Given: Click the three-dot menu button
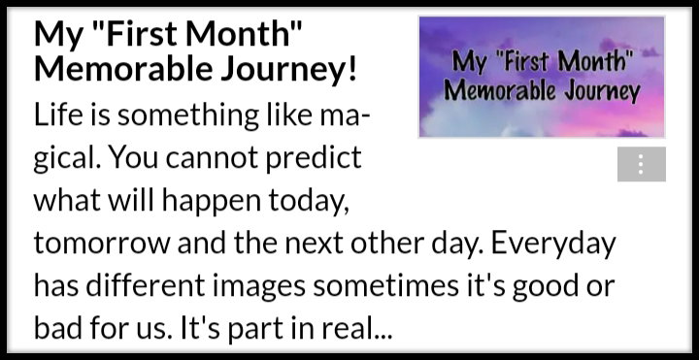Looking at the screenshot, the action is click(642, 164).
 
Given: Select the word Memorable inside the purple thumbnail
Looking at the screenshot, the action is click(501, 91).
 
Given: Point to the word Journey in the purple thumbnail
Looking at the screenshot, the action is click(602, 92).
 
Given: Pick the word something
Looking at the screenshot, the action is click(187, 117).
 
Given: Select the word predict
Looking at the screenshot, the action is click(314, 159).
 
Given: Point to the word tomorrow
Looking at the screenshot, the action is click(102, 245).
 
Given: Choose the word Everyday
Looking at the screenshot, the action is click(554, 245).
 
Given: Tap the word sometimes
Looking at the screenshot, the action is click(386, 287).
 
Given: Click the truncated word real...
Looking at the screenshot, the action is click(350, 330).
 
